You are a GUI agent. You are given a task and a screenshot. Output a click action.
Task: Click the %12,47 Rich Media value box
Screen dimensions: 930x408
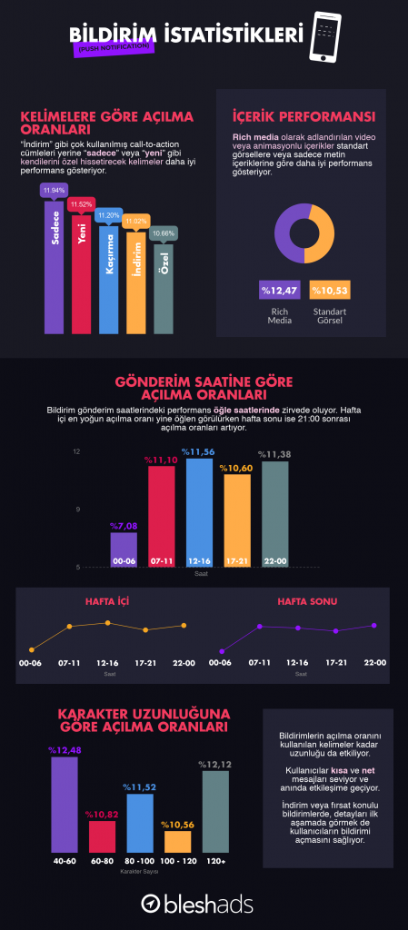(x=279, y=289)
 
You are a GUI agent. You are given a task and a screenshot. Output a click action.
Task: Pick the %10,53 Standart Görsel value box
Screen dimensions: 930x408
(x=328, y=289)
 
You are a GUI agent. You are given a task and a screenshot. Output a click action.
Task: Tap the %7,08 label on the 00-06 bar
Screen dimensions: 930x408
(x=123, y=526)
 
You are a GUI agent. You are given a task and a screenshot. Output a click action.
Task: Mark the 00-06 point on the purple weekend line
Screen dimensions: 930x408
(x=223, y=650)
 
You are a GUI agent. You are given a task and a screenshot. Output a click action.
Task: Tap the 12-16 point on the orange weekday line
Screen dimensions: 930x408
(x=107, y=623)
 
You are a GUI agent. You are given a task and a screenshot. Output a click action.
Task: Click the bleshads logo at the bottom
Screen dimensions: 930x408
(x=196, y=903)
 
